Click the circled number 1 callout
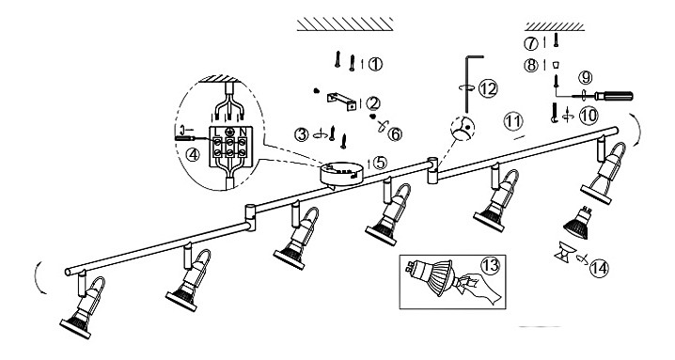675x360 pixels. [x=375, y=64]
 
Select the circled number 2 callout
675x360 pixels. [x=373, y=103]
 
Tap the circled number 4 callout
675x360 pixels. [x=193, y=154]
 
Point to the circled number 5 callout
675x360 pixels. [x=380, y=163]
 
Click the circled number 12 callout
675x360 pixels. [x=488, y=88]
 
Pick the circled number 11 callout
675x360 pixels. [x=513, y=121]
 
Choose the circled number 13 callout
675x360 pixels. [x=491, y=265]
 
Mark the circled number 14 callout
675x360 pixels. [x=599, y=268]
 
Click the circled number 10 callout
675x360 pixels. [x=589, y=116]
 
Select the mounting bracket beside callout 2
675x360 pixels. [x=341, y=102]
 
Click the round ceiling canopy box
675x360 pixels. [x=342, y=175]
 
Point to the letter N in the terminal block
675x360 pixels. [x=243, y=131]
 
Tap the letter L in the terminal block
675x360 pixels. [x=217, y=131]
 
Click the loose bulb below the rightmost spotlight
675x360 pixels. [x=577, y=223]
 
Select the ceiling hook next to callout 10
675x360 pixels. [x=555, y=113]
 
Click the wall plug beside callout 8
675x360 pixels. [x=556, y=65]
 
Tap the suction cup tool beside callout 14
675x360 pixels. [x=564, y=254]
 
